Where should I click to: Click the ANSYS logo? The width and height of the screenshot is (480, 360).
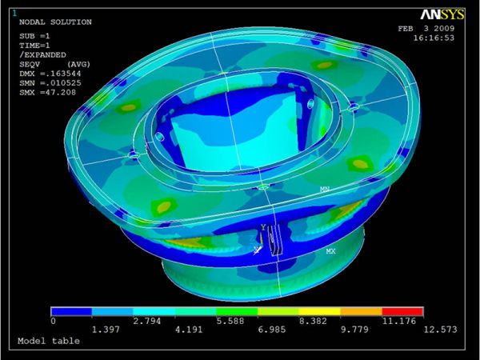(x=442, y=14)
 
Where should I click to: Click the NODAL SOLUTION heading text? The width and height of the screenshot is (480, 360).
(x=55, y=22)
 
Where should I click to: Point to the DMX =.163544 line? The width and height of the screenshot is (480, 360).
(x=50, y=74)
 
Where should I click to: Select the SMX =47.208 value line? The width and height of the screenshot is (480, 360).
(x=47, y=93)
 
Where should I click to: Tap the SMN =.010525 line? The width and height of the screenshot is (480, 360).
(x=50, y=83)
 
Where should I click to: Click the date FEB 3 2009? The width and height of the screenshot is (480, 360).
(x=426, y=29)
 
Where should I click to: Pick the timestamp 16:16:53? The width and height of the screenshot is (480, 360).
(x=434, y=38)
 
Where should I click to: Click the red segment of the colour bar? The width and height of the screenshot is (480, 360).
(x=402, y=311)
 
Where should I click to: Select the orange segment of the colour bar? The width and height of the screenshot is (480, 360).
(x=362, y=311)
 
